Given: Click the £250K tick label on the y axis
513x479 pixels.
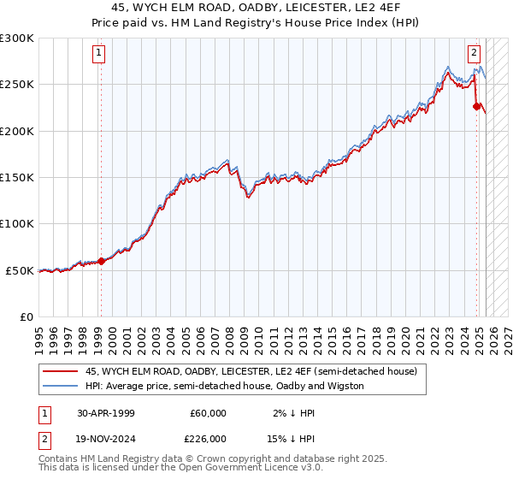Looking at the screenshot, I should tap(17, 85).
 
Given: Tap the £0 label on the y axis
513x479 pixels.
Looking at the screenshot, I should tap(26, 316).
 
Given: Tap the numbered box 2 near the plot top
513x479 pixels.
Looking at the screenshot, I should tap(474, 51).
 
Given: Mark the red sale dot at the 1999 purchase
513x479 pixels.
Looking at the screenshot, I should tap(101, 261).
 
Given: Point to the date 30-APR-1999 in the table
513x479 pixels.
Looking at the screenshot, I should tap(104, 413).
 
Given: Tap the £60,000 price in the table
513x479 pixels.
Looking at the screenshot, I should tap(208, 413).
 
